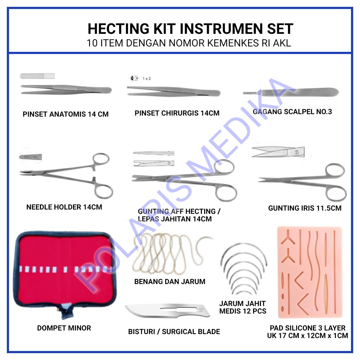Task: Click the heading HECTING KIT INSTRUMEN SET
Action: (190, 28)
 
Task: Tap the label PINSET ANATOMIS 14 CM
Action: (66, 114)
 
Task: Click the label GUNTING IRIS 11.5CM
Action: (305, 208)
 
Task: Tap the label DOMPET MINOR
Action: (64, 328)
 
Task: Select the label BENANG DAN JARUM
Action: (170, 282)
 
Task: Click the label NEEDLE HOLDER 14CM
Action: (64, 207)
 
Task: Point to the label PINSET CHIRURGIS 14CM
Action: (177, 113)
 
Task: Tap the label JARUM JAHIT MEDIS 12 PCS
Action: (243, 307)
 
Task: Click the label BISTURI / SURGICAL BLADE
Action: (174, 332)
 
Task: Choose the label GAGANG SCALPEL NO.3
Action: (292, 112)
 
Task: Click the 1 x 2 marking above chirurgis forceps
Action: (146, 78)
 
